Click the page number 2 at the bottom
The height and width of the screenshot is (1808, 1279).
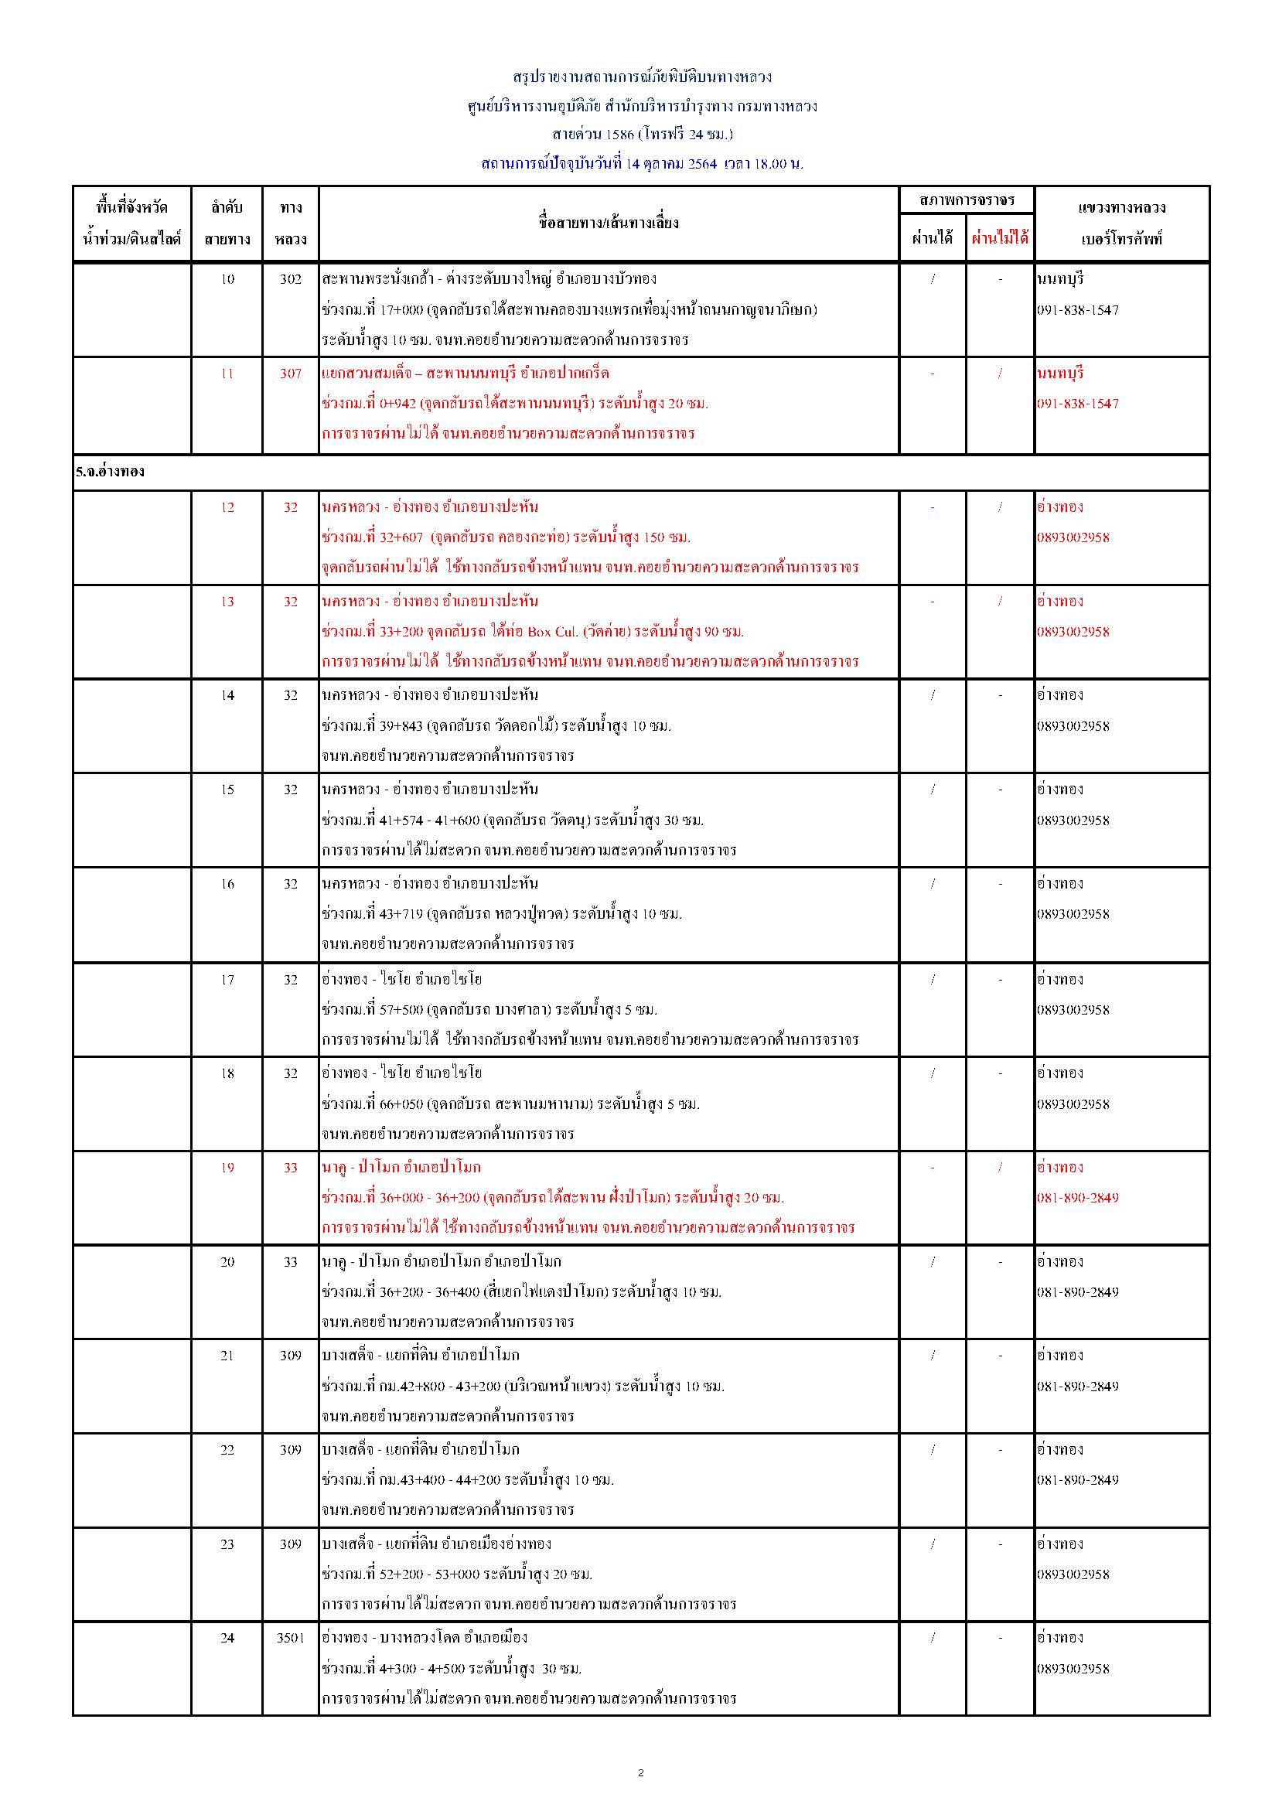(640, 1772)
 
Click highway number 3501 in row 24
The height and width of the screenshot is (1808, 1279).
(290, 1637)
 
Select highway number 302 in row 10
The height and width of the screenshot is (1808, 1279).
(290, 278)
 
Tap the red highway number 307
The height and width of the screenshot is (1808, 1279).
(290, 374)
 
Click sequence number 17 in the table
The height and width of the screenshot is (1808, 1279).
(227, 980)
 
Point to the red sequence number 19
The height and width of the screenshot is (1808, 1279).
(227, 1168)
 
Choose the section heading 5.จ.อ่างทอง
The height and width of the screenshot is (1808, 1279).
(111, 472)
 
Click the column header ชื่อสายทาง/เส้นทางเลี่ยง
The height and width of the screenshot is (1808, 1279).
(608, 223)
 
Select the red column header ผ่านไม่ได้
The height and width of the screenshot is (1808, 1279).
(999, 238)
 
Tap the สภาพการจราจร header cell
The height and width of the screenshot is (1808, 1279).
(967, 200)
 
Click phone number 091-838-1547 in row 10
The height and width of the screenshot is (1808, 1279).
(1077, 310)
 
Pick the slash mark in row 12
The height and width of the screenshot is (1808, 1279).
(1000, 507)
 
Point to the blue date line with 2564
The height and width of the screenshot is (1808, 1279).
(642, 164)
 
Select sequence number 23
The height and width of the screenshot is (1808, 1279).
(227, 1544)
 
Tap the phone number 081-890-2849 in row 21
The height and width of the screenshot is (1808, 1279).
(1077, 1386)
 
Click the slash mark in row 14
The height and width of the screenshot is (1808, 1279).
(933, 695)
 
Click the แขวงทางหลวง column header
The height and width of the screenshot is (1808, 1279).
(1121, 208)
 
